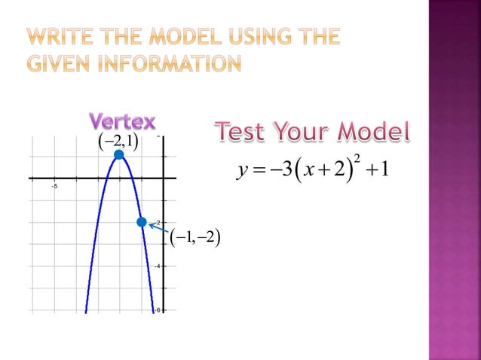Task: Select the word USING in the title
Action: [265, 35]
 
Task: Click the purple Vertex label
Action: [122, 121]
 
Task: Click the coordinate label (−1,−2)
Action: [195, 238]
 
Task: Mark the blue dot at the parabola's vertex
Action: [118, 155]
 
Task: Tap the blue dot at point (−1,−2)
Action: [141, 221]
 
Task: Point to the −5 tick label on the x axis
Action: [54, 187]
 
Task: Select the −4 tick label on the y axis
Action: [156, 266]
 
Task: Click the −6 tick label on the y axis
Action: [156, 310]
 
